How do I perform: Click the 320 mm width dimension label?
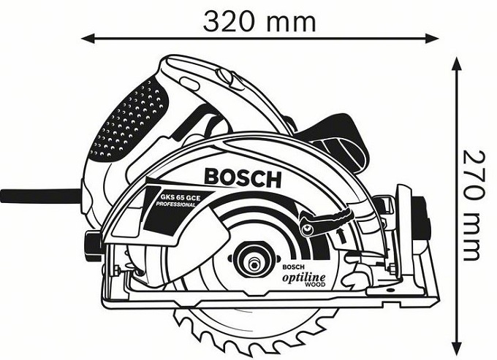click(259, 21)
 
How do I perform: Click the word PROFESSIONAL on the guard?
click(175, 207)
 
